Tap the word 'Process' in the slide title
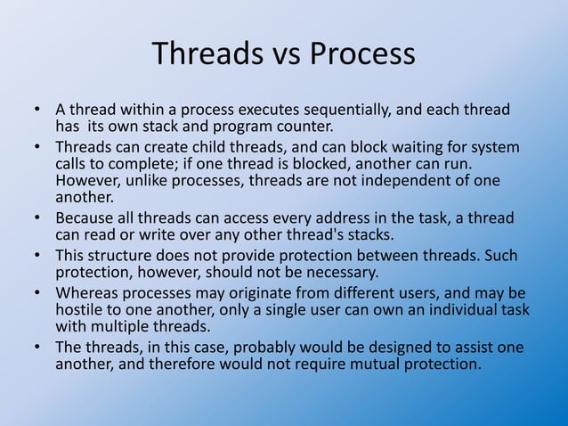pyautogui.click(x=361, y=54)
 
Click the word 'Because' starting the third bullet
pyautogui.click(x=84, y=218)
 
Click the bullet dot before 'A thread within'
pyautogui.click(x=38, y=111)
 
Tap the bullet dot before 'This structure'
pyautogui.click(x=38, y=256)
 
